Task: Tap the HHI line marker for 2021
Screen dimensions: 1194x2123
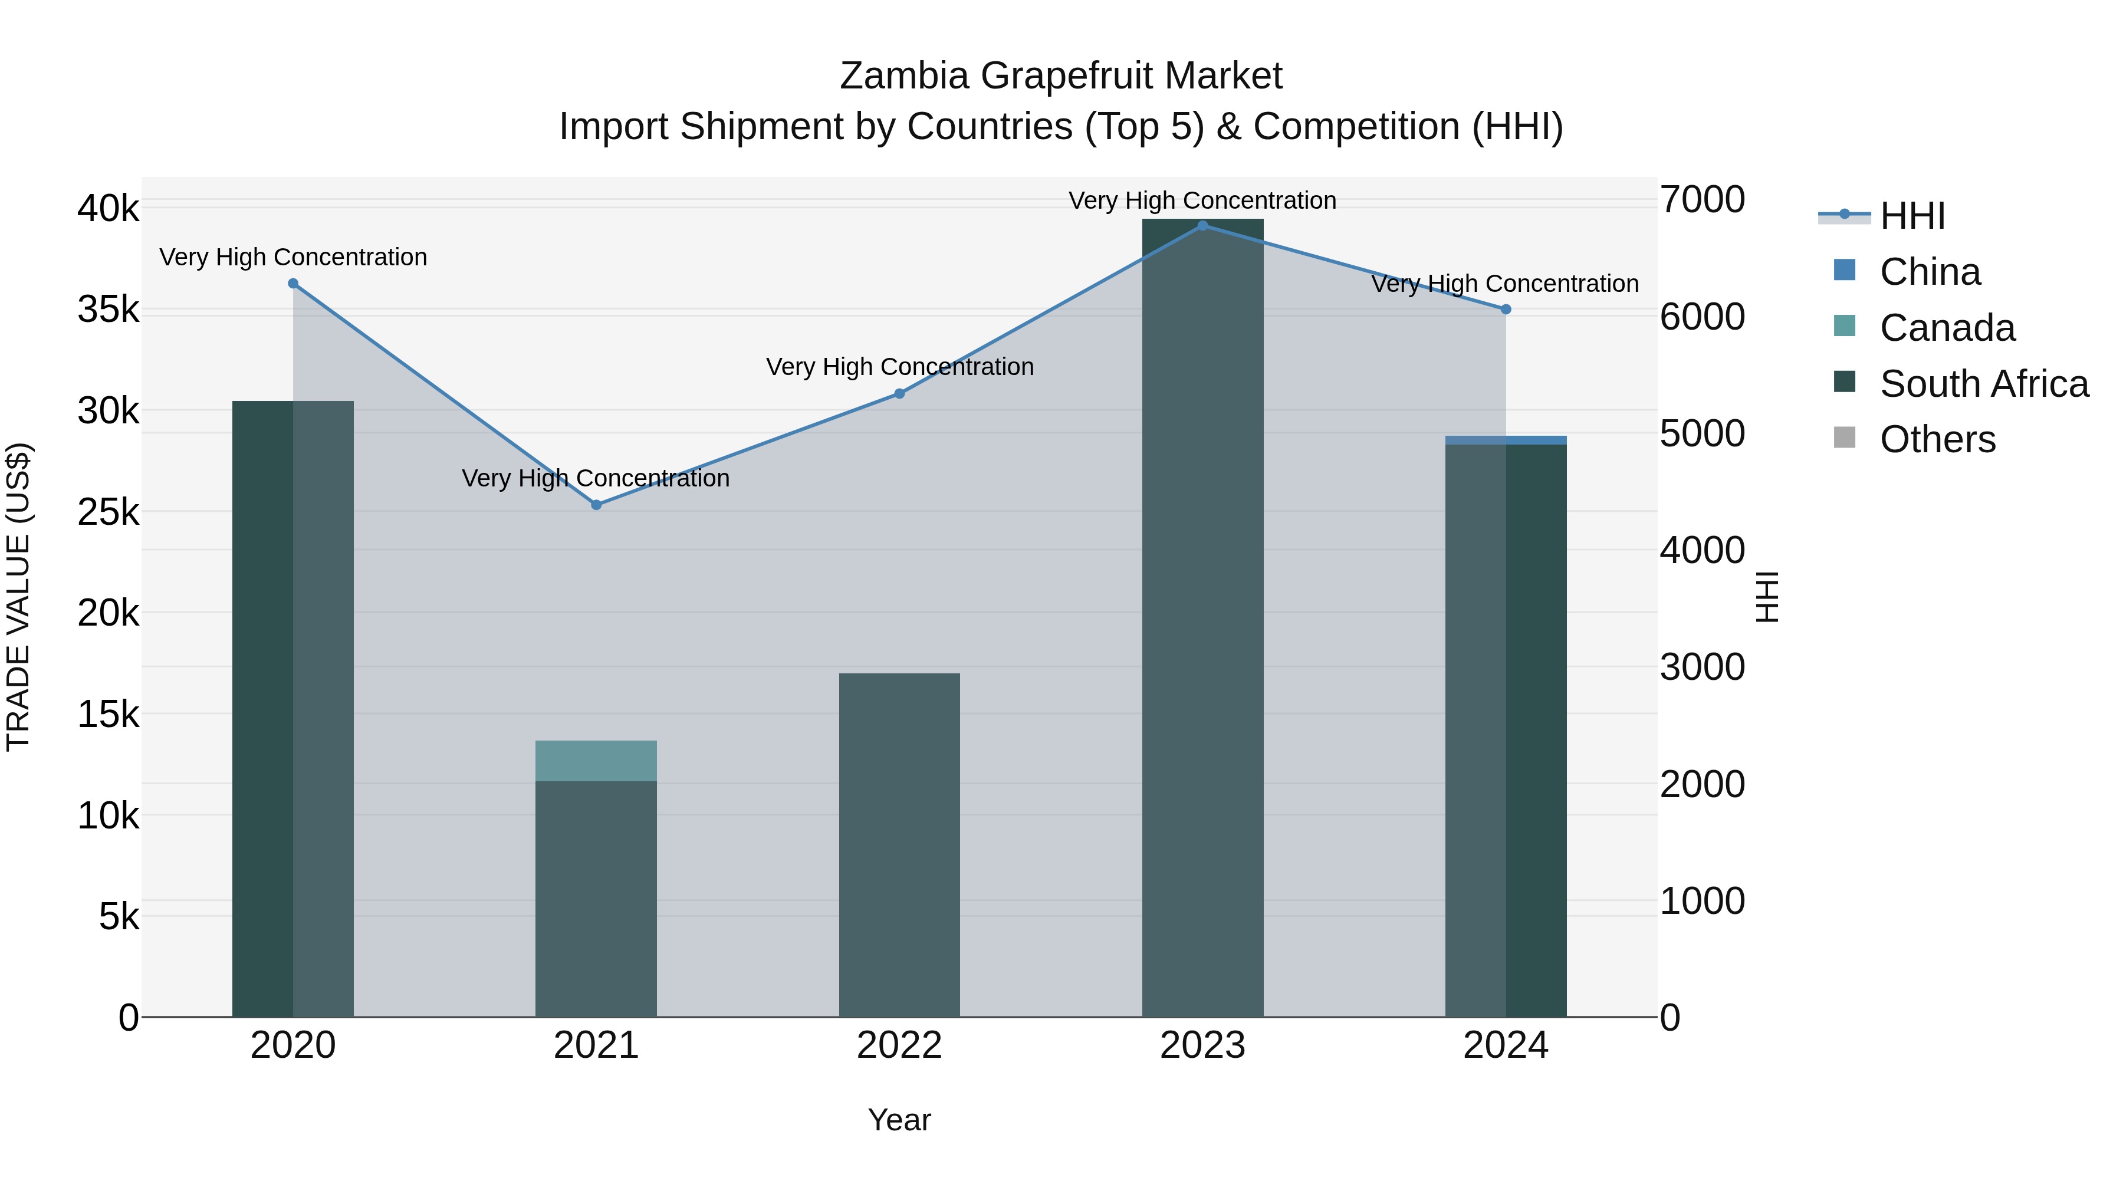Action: pyautogui.click(x=597, y=505)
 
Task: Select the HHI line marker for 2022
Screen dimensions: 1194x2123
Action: pyautogui.click(x=899, y=394)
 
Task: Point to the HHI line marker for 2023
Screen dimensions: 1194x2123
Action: pyautogui.click(x=1202, y=226)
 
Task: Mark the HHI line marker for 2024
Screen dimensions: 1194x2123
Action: pyautogui.click(x=1506, y=310)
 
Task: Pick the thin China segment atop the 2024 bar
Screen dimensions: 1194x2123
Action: pyautogui.click(x=1506, y=440)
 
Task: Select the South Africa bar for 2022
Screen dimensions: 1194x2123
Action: pyautogui.click(x=899, y=844)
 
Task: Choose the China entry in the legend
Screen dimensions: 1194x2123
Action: pyautogui.click(x=1930, y=272)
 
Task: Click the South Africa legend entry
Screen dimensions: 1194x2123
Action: pyautogui.click(x=1984, y=384)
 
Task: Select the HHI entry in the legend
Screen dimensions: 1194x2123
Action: pyautogui.click(x=1912, y=216)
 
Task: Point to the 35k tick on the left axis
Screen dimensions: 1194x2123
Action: pyautogui.click(x=108, y=311)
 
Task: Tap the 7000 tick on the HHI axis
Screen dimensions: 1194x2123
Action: pyautogui.click(x=1702, y=200)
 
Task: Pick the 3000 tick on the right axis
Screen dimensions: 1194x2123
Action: pyautogui.click(x=1702, y=667)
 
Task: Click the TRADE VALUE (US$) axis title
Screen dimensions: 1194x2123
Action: pyautogui.click(x=19, y=597)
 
